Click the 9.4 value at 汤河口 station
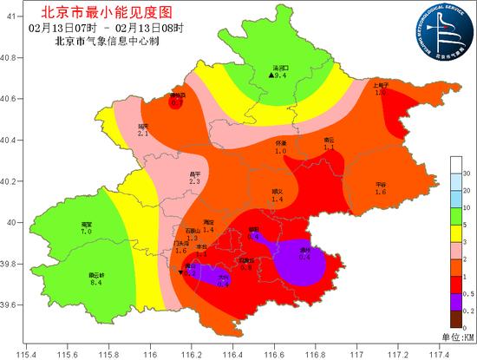click(x=281, y=76)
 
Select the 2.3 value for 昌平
click(x=194, y=182)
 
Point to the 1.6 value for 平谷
click(x=380, y=192)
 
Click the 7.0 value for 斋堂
click(x=86, y=232)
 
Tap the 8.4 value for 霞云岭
click(x=96, y=282)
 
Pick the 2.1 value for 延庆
click(x=143, y=134)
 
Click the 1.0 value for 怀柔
click(x=281, y=151)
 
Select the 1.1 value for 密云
click(x=329, y=147)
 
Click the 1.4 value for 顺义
click(x=278, y=200)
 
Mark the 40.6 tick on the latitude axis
click(x=11, y=99)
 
